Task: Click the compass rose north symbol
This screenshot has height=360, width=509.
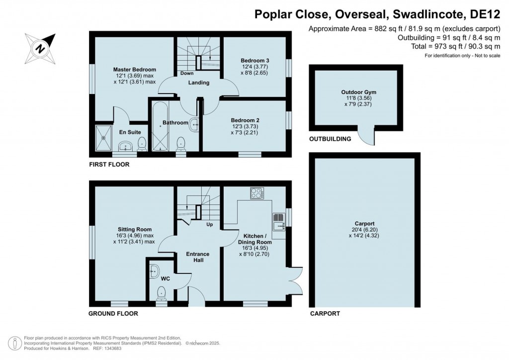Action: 39,48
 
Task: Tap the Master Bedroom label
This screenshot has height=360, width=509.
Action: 134,70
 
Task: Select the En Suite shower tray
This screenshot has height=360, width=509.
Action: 105,138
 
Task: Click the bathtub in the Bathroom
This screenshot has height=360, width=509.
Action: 161,127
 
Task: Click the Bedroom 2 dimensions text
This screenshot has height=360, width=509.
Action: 245,130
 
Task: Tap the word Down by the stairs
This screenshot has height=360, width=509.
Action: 187,74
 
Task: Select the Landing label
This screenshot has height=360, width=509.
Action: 198,83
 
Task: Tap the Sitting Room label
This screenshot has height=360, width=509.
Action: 134,229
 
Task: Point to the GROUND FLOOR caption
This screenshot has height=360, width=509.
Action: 113,314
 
